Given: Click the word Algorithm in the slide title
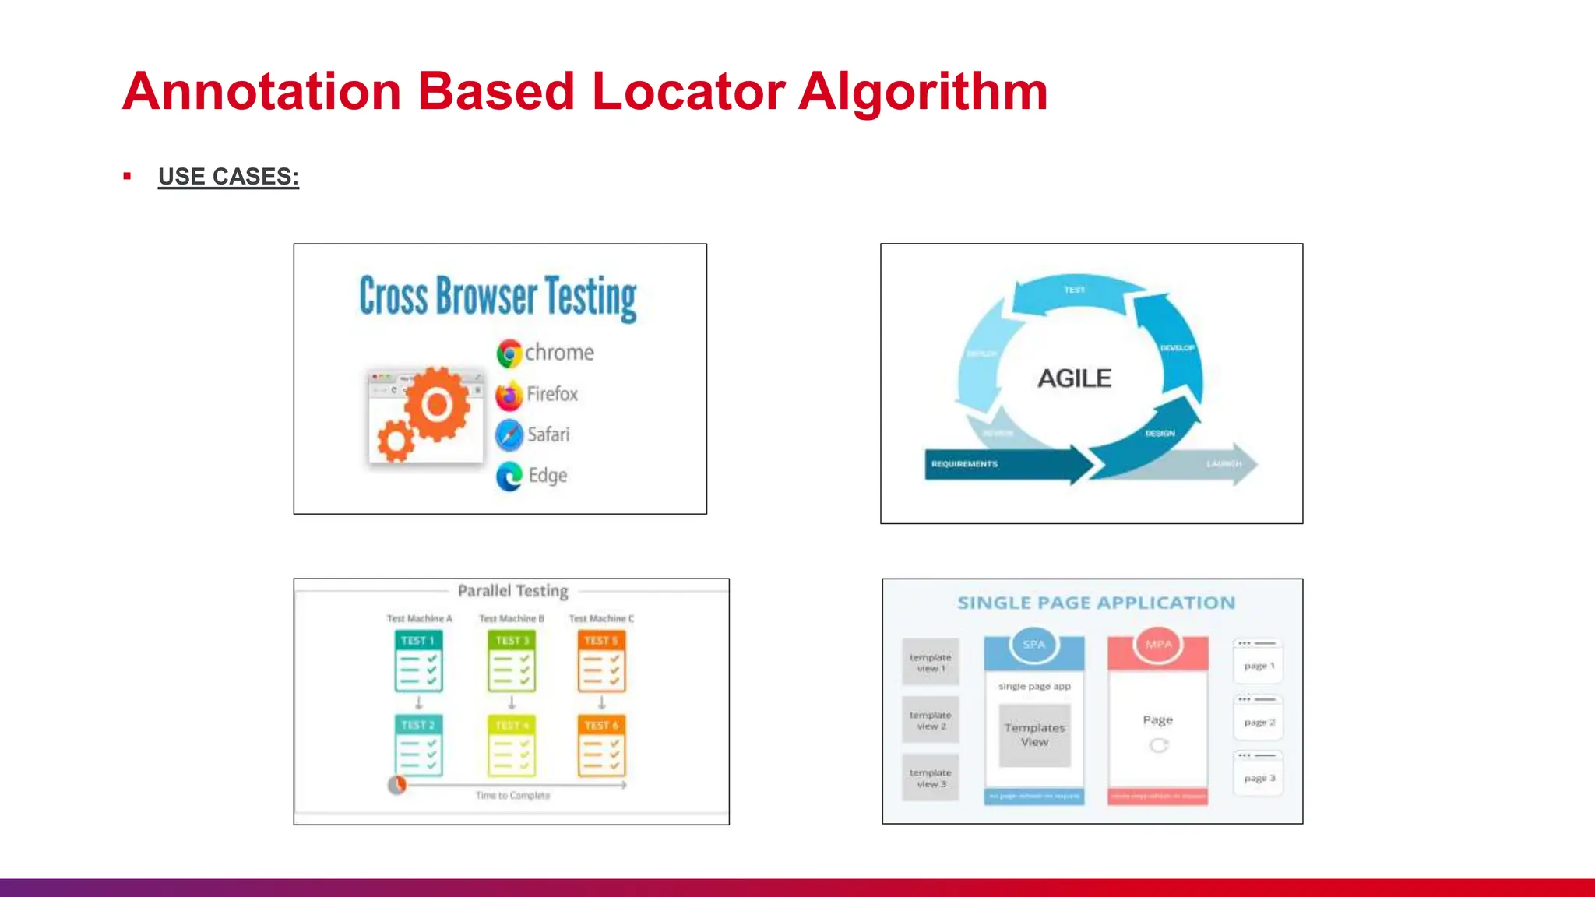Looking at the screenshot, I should tap(923, 92).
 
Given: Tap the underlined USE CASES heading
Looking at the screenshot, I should tap(228, 177).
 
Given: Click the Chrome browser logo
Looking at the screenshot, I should tap(509, 354).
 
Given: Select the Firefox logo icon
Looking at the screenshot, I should tap(509, 396).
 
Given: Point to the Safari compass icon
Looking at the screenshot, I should tap(509, 435).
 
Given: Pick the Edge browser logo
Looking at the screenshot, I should tap(509, 476).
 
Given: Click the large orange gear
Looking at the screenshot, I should tap(437, 404).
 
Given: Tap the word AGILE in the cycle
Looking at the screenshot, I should tap(1074, 378).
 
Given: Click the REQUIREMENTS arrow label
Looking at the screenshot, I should tap(964, 464).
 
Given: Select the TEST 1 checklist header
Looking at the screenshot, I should tap(418, 641).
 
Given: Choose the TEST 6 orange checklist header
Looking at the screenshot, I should tap(601, 725).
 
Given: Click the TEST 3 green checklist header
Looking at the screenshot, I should tap(512, 641).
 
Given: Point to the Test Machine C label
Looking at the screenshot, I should tap(601, 618).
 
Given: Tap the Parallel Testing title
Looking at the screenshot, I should tap(512, 591).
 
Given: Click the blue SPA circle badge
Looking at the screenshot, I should tap(1033, 644).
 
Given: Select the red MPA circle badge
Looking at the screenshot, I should tap(1158, 644).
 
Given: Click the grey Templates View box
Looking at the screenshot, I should tap(1034, 735).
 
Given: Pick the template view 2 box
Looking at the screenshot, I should tap(931, 720).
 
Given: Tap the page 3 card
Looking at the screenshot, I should tap(1259, 777).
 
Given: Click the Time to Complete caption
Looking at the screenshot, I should tap(512, 796).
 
